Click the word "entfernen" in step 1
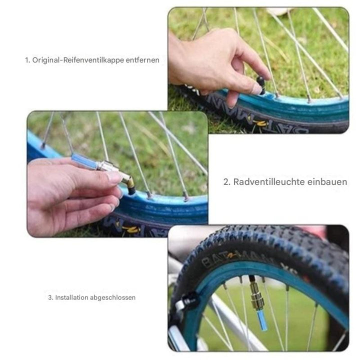pos(143,60)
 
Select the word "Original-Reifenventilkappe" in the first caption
pos(79,60)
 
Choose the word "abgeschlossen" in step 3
pos(112,297)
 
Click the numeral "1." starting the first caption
pos(28,60)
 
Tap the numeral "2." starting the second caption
pos(227,181)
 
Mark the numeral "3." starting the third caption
pos(50,297)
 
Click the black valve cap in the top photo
pos(261,84)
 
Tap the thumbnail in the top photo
pos(256,89)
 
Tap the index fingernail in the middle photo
pos(114,176)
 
